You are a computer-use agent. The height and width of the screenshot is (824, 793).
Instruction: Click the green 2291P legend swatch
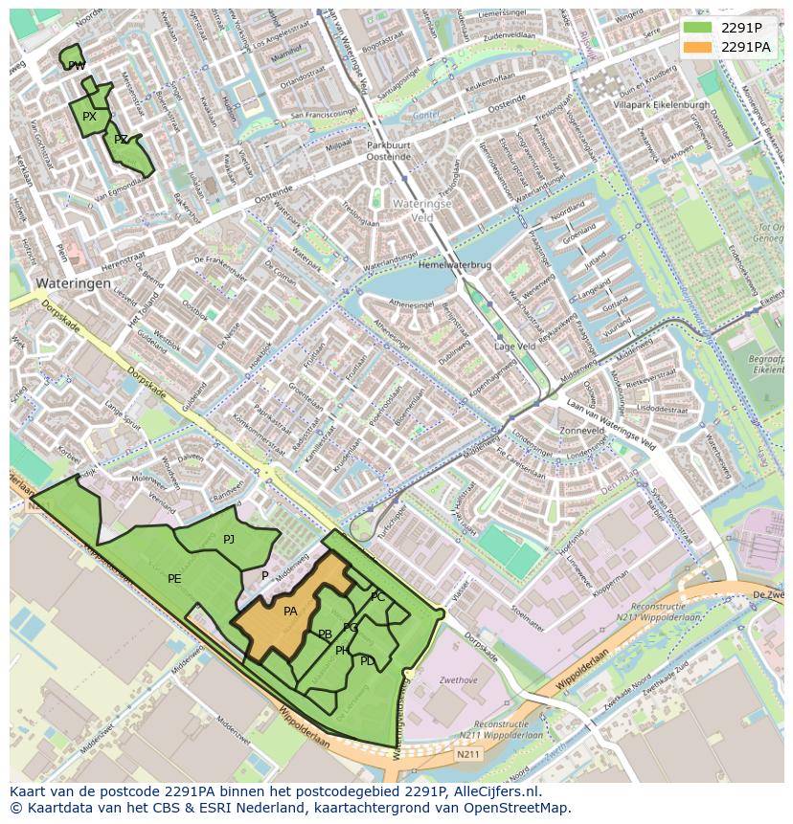(698, 28)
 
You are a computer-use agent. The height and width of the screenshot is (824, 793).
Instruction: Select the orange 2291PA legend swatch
(698, 47)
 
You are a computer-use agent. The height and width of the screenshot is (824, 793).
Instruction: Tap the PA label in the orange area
(290, 612)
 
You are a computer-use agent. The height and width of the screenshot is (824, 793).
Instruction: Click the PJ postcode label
(229, 540)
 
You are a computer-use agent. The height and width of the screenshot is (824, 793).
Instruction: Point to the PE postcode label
(174, 579)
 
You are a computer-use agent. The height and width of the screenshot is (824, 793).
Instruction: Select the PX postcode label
(89, 117)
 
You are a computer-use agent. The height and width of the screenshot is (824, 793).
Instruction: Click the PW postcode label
(77, 66)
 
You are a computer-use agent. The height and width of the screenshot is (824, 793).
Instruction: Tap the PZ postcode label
(121, 140)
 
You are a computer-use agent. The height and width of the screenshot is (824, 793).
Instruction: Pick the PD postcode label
(368, 661)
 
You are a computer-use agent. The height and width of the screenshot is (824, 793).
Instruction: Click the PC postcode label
(377, 597)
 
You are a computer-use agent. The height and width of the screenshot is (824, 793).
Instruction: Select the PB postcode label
(325, 635)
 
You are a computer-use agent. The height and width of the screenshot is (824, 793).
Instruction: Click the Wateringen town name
(73, 284)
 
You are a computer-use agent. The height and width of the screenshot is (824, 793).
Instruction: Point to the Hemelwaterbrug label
(454, 265)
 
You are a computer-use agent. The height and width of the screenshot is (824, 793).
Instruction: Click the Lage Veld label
(513, 346)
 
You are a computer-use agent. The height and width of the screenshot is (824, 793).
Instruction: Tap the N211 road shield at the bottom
(467, 755)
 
